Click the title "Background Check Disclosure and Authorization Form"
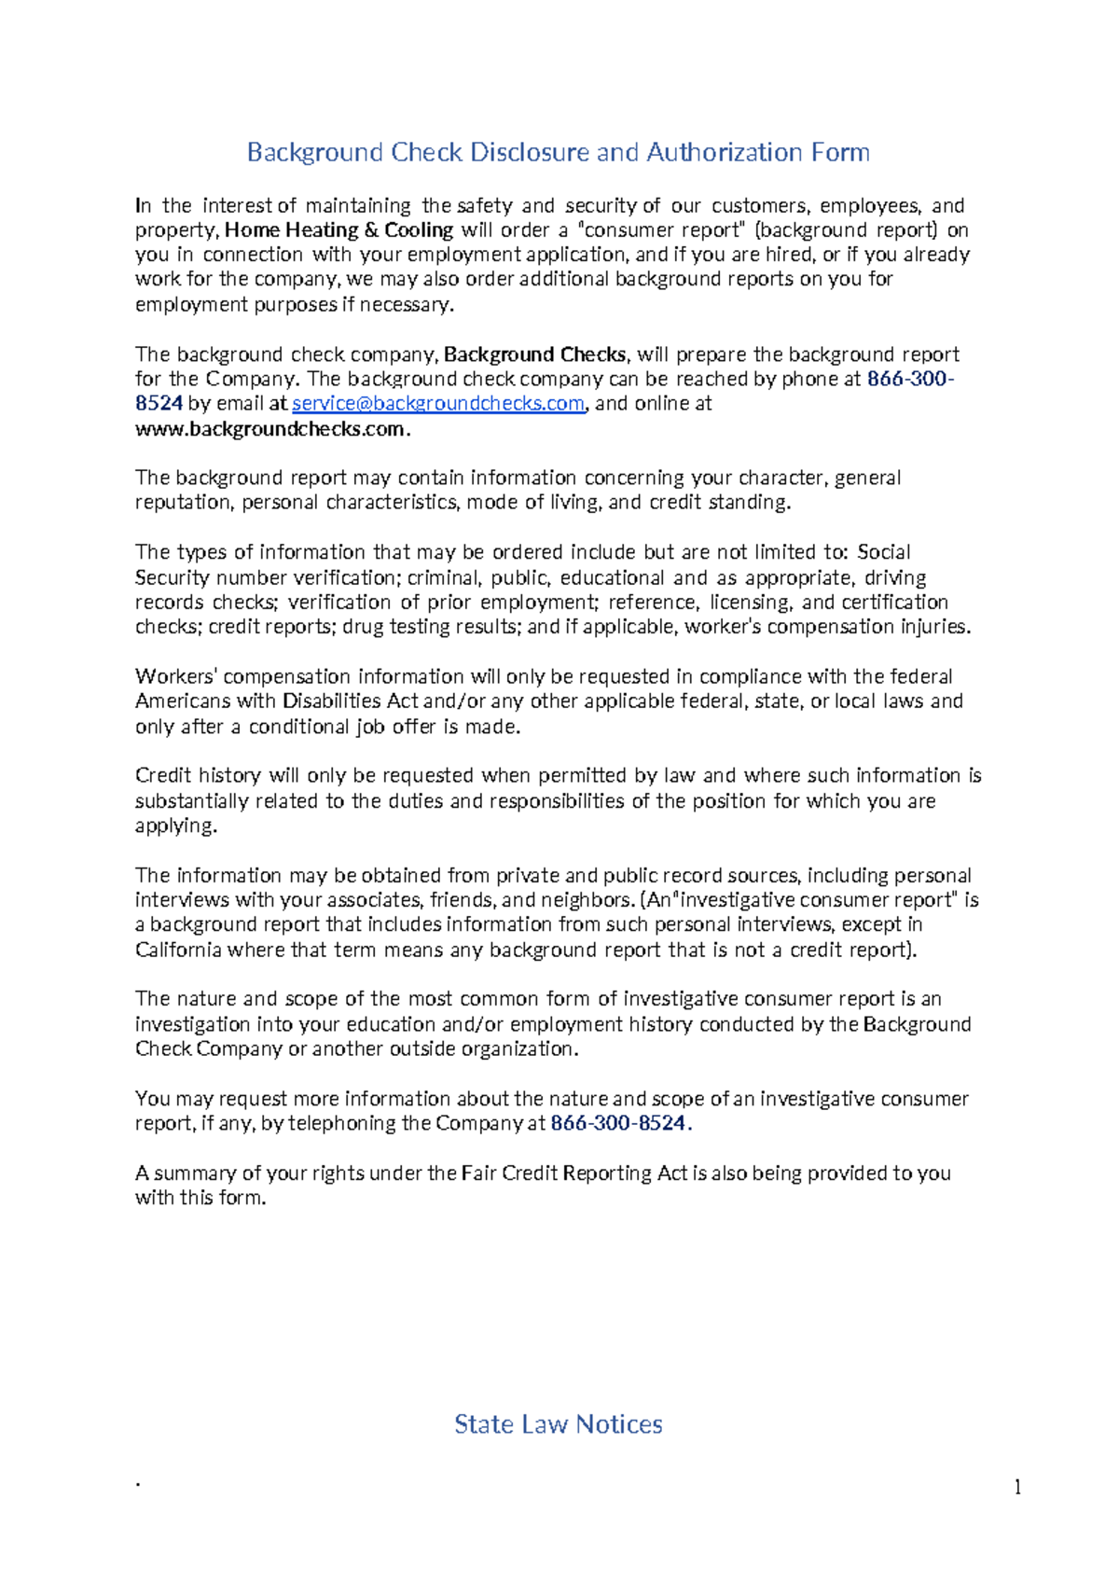pos(558,152)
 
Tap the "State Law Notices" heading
pos(558,1423)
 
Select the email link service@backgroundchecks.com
pos(438,403)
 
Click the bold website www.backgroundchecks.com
pos(271,429)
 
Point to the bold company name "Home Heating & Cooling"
pos(339,229)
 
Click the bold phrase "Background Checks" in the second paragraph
pos(535,354)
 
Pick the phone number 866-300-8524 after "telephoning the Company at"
pos(618,1123)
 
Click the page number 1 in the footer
pos(1017,1487)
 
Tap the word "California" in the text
pos(178,950)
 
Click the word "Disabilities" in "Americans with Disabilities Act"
pos(332,701)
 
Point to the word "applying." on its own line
pos(175,826)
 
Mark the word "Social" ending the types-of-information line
pos(883,552)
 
